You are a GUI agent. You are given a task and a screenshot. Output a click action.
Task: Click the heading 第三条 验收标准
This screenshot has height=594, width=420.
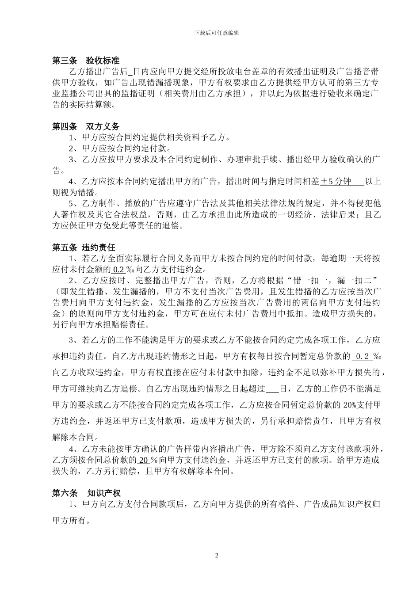pyautogui.click(x=86, y=61)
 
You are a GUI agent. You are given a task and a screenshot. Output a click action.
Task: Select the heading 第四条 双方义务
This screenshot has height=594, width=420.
pyautogui.click(x=86, y=127)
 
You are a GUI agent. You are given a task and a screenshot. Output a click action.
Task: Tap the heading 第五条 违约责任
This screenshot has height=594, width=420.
pyautogui.click(x=84, y=247)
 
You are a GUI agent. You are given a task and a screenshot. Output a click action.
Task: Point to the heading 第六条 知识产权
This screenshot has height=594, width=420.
pyautogui.click(x=86, y=493)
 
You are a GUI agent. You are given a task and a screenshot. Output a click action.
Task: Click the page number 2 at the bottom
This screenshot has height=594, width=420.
pyautogui.click(x=217, y=555)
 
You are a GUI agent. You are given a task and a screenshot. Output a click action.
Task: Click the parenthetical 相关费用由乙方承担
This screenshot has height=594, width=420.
pyautogui.click(x=203, y=94)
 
